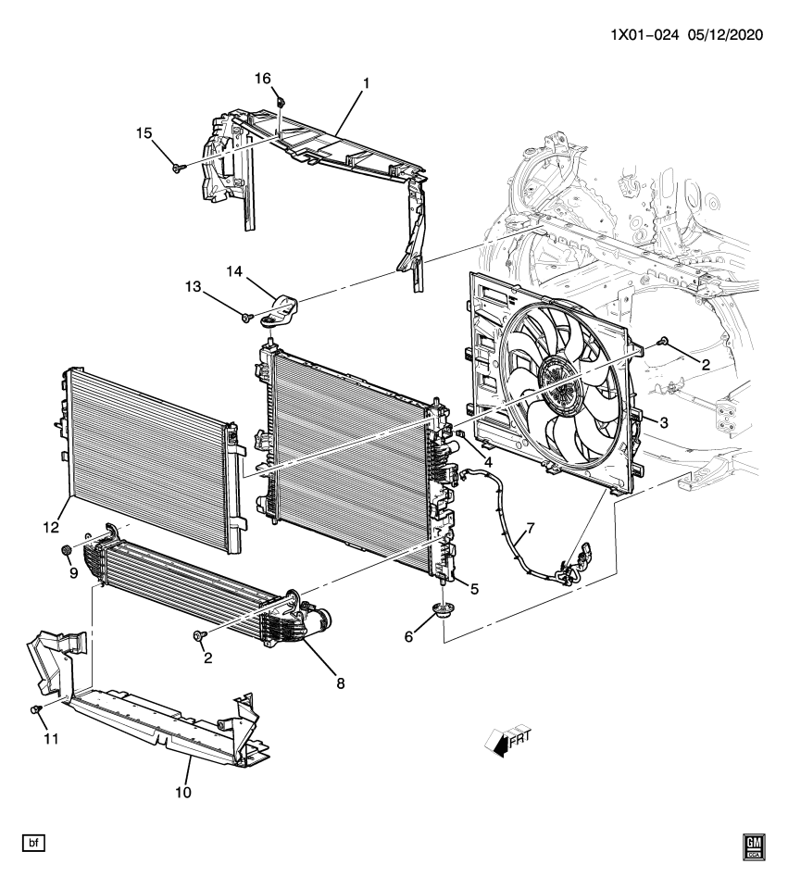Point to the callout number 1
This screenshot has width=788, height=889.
[366, 83]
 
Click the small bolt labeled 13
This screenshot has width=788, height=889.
[246, 318]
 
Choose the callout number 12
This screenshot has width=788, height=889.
[49, 528]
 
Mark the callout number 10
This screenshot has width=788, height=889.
[182, 793]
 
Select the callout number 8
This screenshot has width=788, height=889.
[341, 683]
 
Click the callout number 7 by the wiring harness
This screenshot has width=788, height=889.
[530, 529]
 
